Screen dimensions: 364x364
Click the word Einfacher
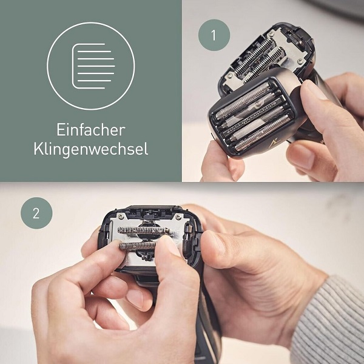click(91, 130)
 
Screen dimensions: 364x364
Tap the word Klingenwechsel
click(91, 149)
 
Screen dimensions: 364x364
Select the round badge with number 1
click(214, 35)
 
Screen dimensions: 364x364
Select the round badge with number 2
click(36, 213)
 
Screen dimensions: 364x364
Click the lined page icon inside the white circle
click(93, 66)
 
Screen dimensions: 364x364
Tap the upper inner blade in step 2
click(144, 231)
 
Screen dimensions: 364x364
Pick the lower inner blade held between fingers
click(138, 246)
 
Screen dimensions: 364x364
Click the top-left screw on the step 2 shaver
click(121, 217)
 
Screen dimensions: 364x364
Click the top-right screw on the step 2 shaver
click(178, 217)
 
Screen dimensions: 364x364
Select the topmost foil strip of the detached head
click(243, 101)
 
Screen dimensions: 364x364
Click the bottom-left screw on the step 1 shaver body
click(229, 75)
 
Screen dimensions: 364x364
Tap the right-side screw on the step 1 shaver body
click(299, 61)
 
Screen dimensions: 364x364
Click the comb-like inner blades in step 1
click(260, 60)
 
